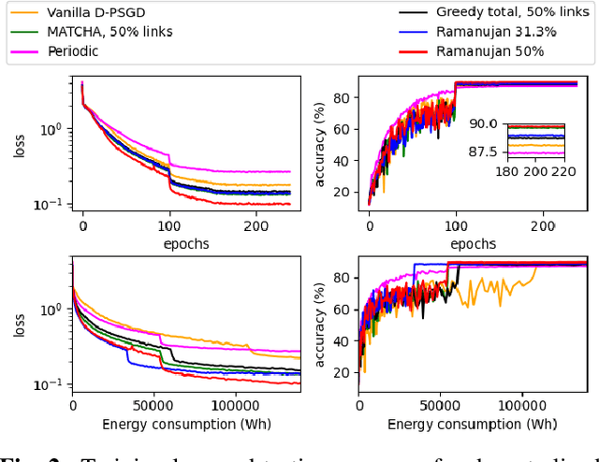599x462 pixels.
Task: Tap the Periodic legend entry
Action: click(75, 51)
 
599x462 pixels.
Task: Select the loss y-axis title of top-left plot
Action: click(20, 146)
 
